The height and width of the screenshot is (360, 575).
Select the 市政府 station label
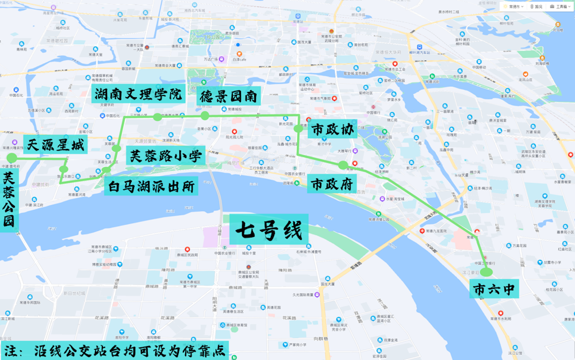pyautogui.click(x=332, y=184)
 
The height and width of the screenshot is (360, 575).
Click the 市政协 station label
pyautogui.click(x=332, y=130)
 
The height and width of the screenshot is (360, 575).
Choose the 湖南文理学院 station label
pyautogui.click(x=138, y=93)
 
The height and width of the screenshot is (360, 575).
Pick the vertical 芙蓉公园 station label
pyautogui.click(x=9, y=201)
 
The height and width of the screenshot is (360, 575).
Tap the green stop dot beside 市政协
pyautogui.click(x=298, y=129)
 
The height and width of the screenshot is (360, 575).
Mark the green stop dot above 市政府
pyautogui.click(x=343, y=166)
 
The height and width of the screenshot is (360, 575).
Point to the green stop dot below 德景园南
pyautogui.click(x=205, y=116)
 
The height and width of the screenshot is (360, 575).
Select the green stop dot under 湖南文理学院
pyautogui.click(x=157, y=117)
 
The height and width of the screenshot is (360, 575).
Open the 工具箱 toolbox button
pyautogui.click(x=559, y=6)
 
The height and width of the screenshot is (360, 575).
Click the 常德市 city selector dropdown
pyautogui.click(x=512, y=6)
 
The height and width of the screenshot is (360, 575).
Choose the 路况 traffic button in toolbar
pyautogui.click(x=536, y=6)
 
